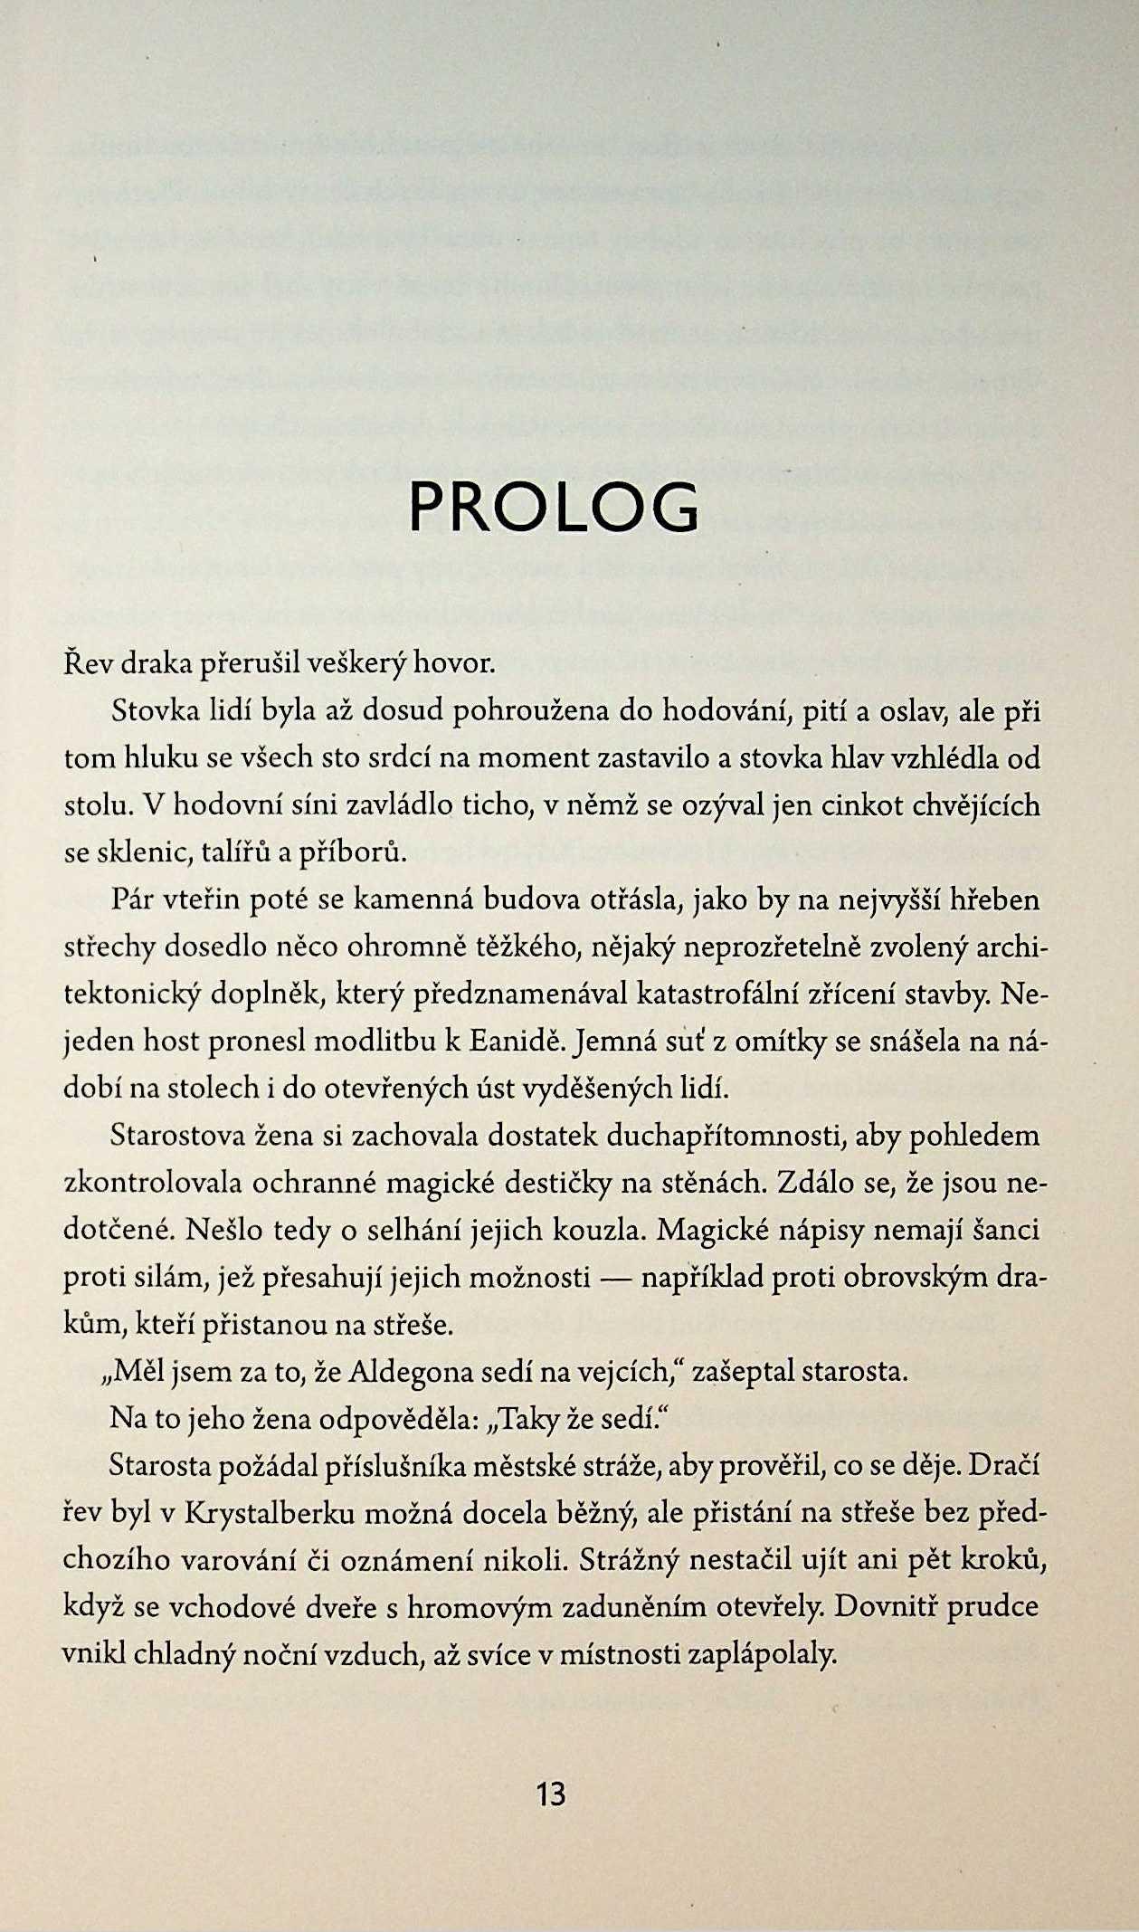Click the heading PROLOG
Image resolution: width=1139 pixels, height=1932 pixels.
point(554,507)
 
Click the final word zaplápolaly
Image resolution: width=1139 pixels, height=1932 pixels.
point(763,1654)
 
